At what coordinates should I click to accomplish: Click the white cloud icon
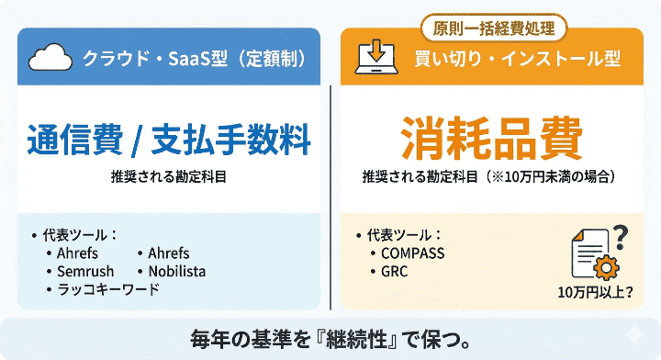[50, 60]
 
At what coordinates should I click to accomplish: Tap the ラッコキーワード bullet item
[106, 289]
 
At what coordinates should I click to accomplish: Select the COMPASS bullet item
[412, 253]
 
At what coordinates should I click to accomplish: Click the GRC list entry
[394, 271]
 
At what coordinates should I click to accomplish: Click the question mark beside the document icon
[620, 236]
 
